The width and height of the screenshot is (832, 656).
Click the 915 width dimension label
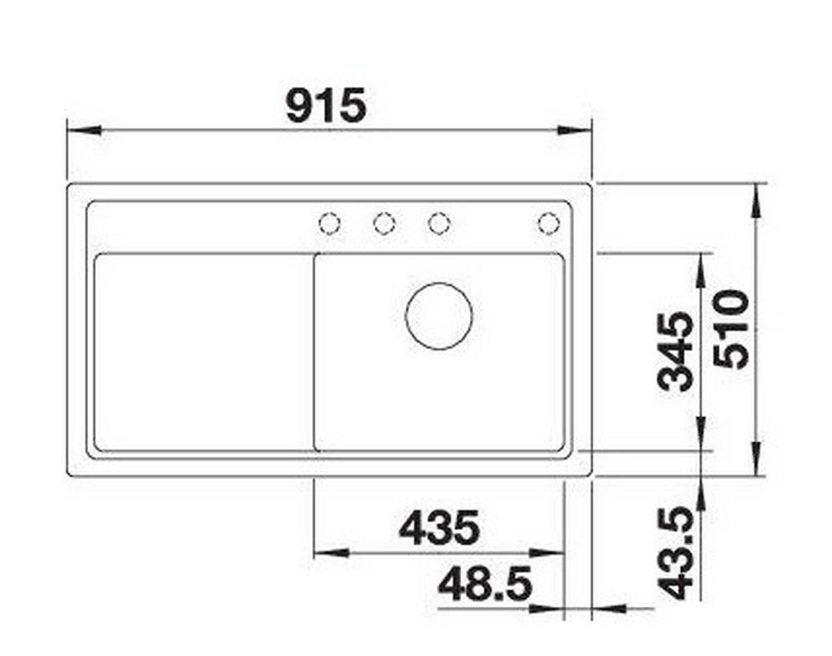326,106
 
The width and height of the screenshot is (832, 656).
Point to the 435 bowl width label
439,528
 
